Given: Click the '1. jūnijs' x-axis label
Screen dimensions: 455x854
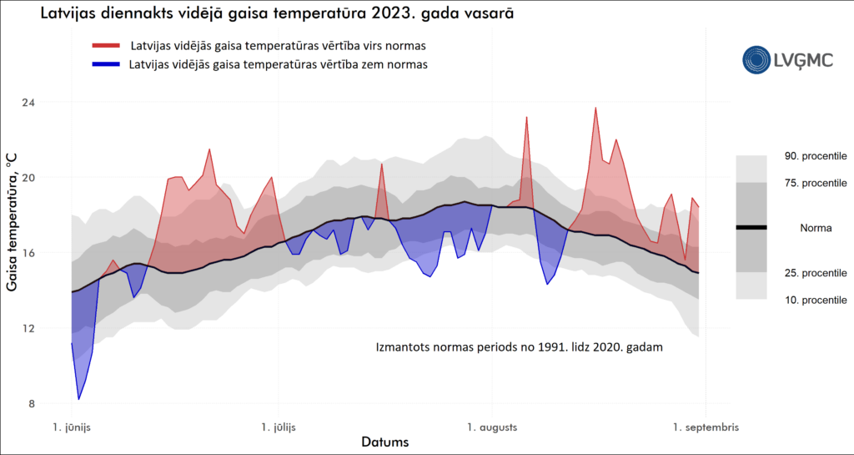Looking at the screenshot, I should tap(72, 427).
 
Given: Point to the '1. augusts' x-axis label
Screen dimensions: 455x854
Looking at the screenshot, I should tap(493, 427).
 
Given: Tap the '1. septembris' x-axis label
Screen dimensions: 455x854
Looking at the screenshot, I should tap(706, 427).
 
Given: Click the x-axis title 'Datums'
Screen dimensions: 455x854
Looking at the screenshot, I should tap(384, 442).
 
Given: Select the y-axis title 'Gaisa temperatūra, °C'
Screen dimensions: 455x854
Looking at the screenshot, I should tap(13, 227).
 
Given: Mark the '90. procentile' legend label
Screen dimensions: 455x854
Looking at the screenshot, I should tap(816, 156).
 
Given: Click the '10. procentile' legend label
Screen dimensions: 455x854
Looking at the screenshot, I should tap(816, 300).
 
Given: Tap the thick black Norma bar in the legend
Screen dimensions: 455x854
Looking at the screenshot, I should tap(751, 227).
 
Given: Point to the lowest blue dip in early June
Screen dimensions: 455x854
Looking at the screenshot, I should tap(79, 399).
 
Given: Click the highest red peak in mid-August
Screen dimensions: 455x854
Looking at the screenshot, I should tap(595, 108).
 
